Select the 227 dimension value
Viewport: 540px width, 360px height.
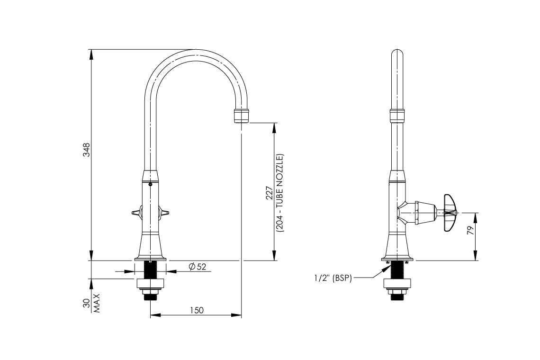point(269,193)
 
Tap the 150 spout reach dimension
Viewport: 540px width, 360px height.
point(197,310)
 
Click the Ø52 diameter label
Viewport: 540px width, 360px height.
point(198,267)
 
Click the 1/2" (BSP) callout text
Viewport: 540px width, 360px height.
point(333,278)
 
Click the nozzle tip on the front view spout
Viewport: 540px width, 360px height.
point(242,116)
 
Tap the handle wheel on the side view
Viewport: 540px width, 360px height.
point(449,213)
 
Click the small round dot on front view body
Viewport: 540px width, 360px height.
point(150,185)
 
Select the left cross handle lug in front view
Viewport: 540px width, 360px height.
point(136,213)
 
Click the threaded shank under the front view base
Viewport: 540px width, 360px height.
point(150,270)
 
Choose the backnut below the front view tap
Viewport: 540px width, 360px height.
point(150,284)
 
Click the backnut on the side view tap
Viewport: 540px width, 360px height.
point(397,284)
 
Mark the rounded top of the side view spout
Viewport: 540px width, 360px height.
point(397,53)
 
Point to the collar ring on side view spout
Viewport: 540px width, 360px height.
point(397,115)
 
